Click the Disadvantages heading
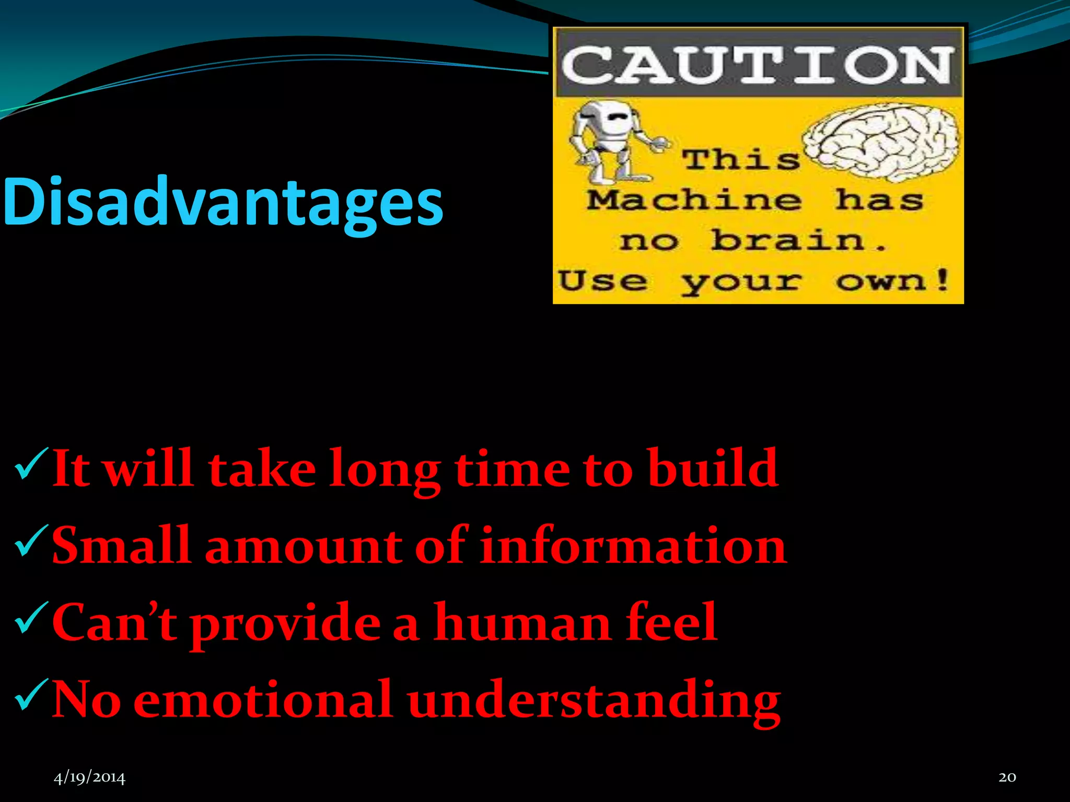pos(223,203)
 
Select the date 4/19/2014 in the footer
pos(89,777)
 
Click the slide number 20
pos(1007,777)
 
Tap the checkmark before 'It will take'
pos(31,463)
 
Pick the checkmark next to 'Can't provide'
pos(31,617)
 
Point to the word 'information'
pos(633,546)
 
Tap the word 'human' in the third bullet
pos(522,622)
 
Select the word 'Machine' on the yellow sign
pos(694,200)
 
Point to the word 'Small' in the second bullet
pos(121,546)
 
